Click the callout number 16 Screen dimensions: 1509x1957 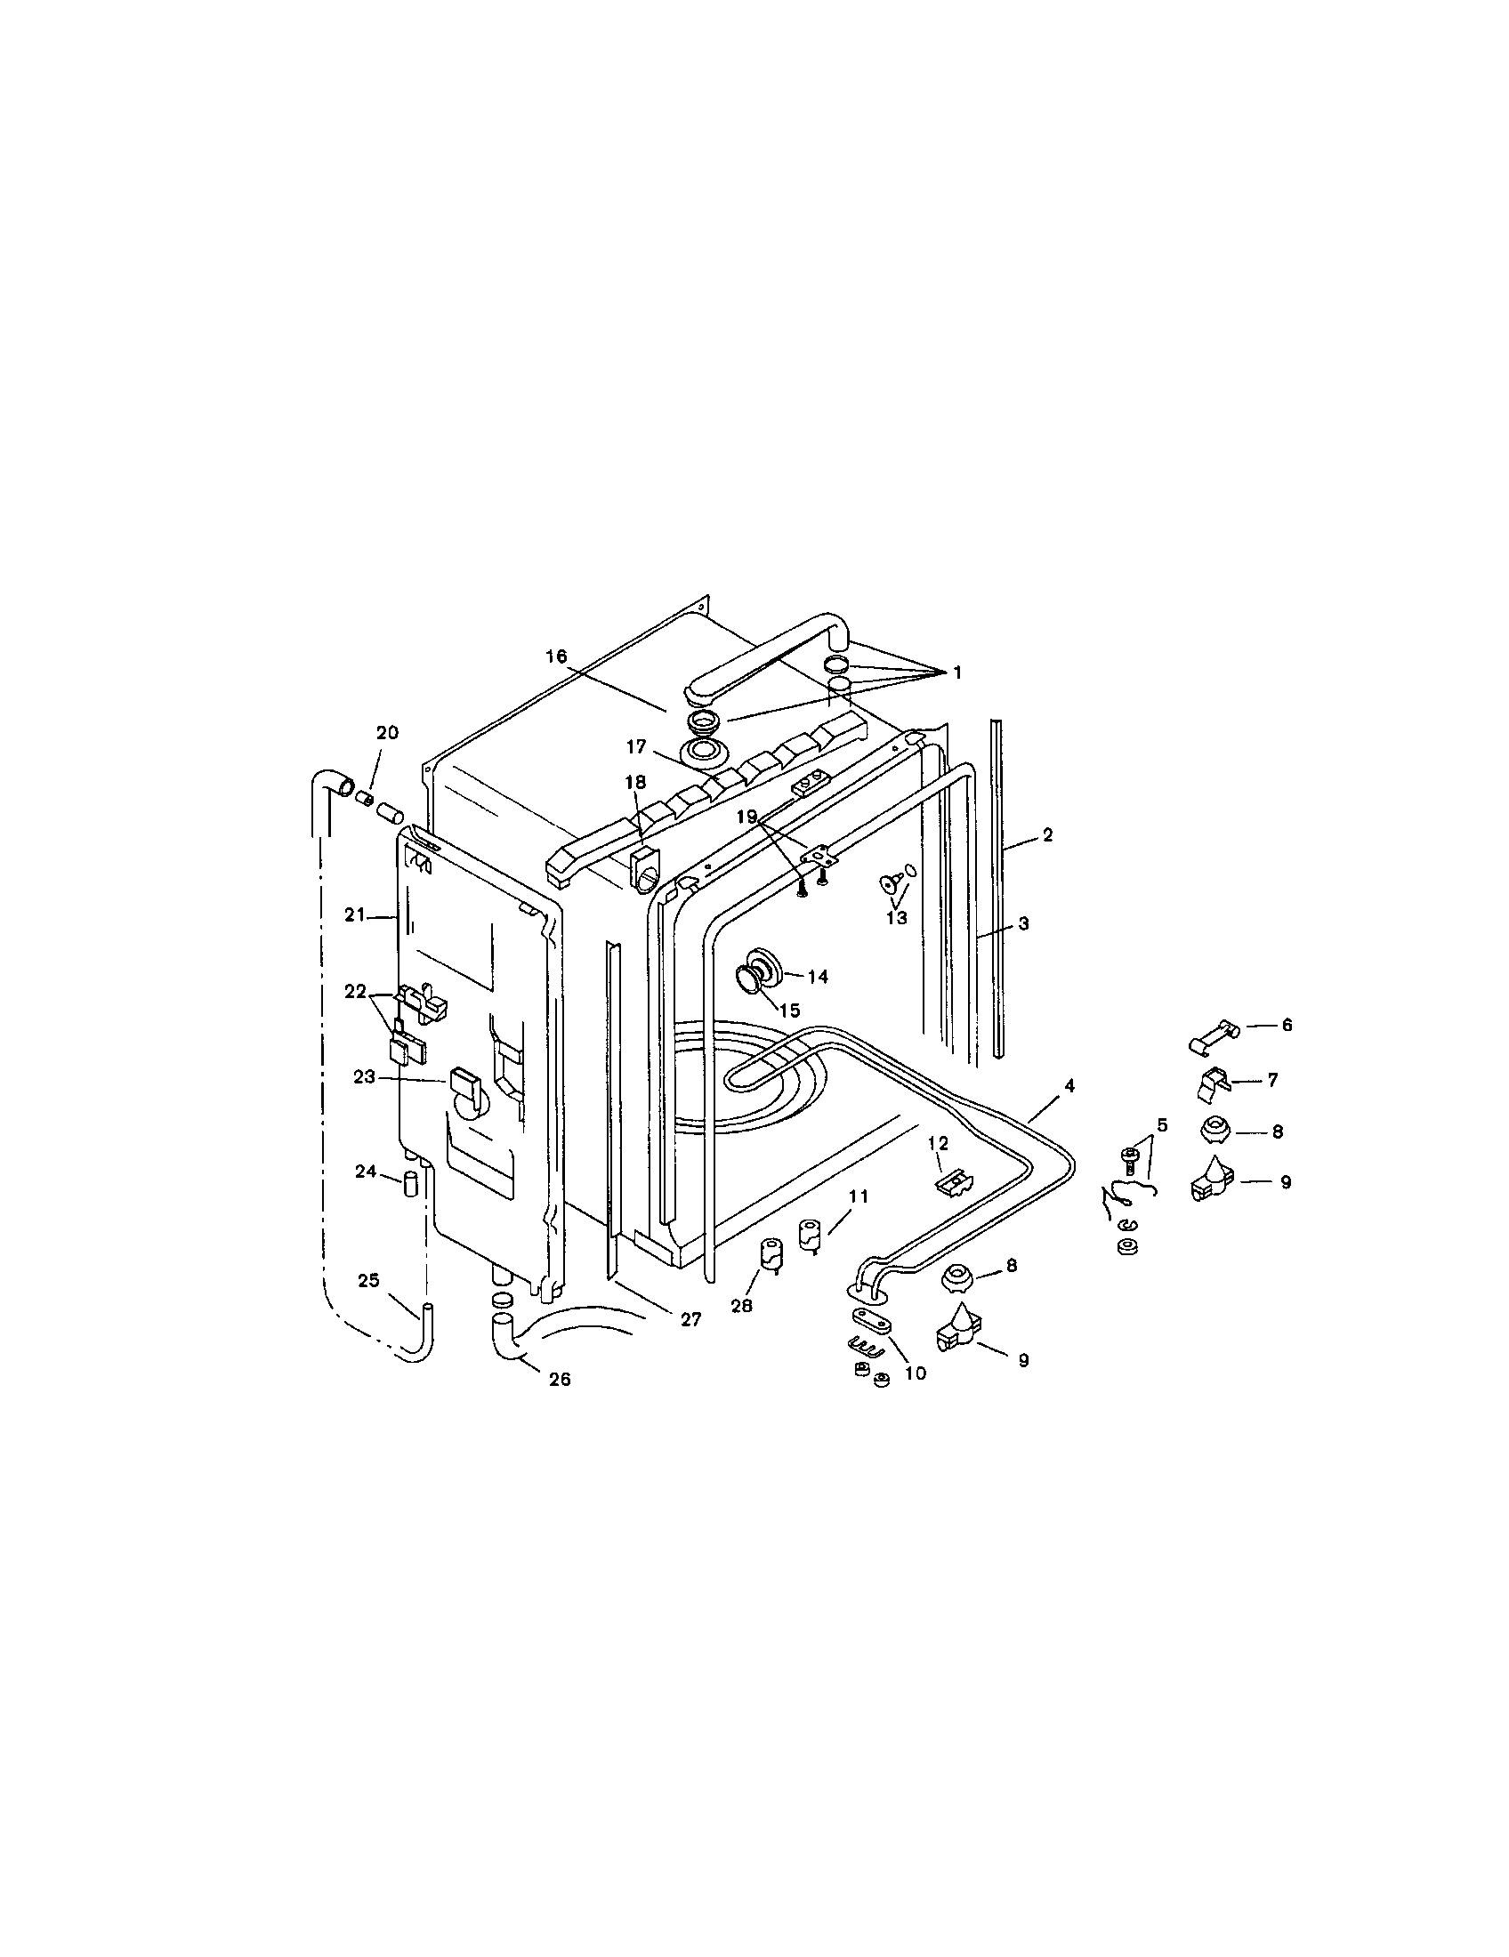[555, 656]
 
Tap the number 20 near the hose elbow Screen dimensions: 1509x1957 [386, 732]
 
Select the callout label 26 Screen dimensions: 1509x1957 [558, 1380]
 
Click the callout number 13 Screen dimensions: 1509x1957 [896, 918]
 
